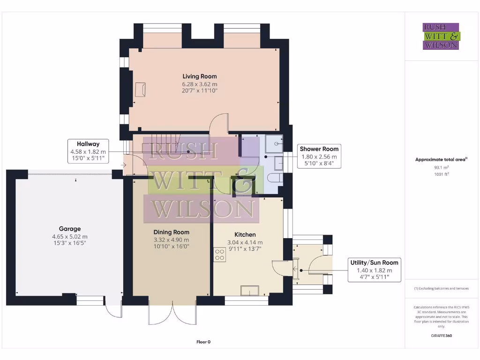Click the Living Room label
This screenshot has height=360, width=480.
[x=200, y=76]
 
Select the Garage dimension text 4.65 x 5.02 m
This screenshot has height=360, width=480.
[x=69, y=237]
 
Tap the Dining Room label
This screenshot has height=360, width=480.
[x=172, y=232]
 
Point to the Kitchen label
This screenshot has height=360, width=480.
[x=245, y=234]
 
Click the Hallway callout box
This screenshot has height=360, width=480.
[x=88, y=151]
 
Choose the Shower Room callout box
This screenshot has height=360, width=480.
[x=318, y=156]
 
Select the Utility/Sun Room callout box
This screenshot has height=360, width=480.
[x=375, y=270]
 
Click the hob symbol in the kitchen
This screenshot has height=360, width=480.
[x=220, y=255]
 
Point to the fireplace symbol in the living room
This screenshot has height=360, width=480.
[x=140, y=89]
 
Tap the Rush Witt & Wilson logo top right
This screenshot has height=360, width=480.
[x=441, y=36]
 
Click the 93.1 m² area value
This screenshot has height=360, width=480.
[x=441, y=167]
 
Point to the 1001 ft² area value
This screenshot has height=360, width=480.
[x=441, y=174]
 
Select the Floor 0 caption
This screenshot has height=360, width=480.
[x=203, y=342]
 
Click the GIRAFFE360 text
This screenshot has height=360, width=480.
[x=441, y=336]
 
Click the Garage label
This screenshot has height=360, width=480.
[x=69, y=229]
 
